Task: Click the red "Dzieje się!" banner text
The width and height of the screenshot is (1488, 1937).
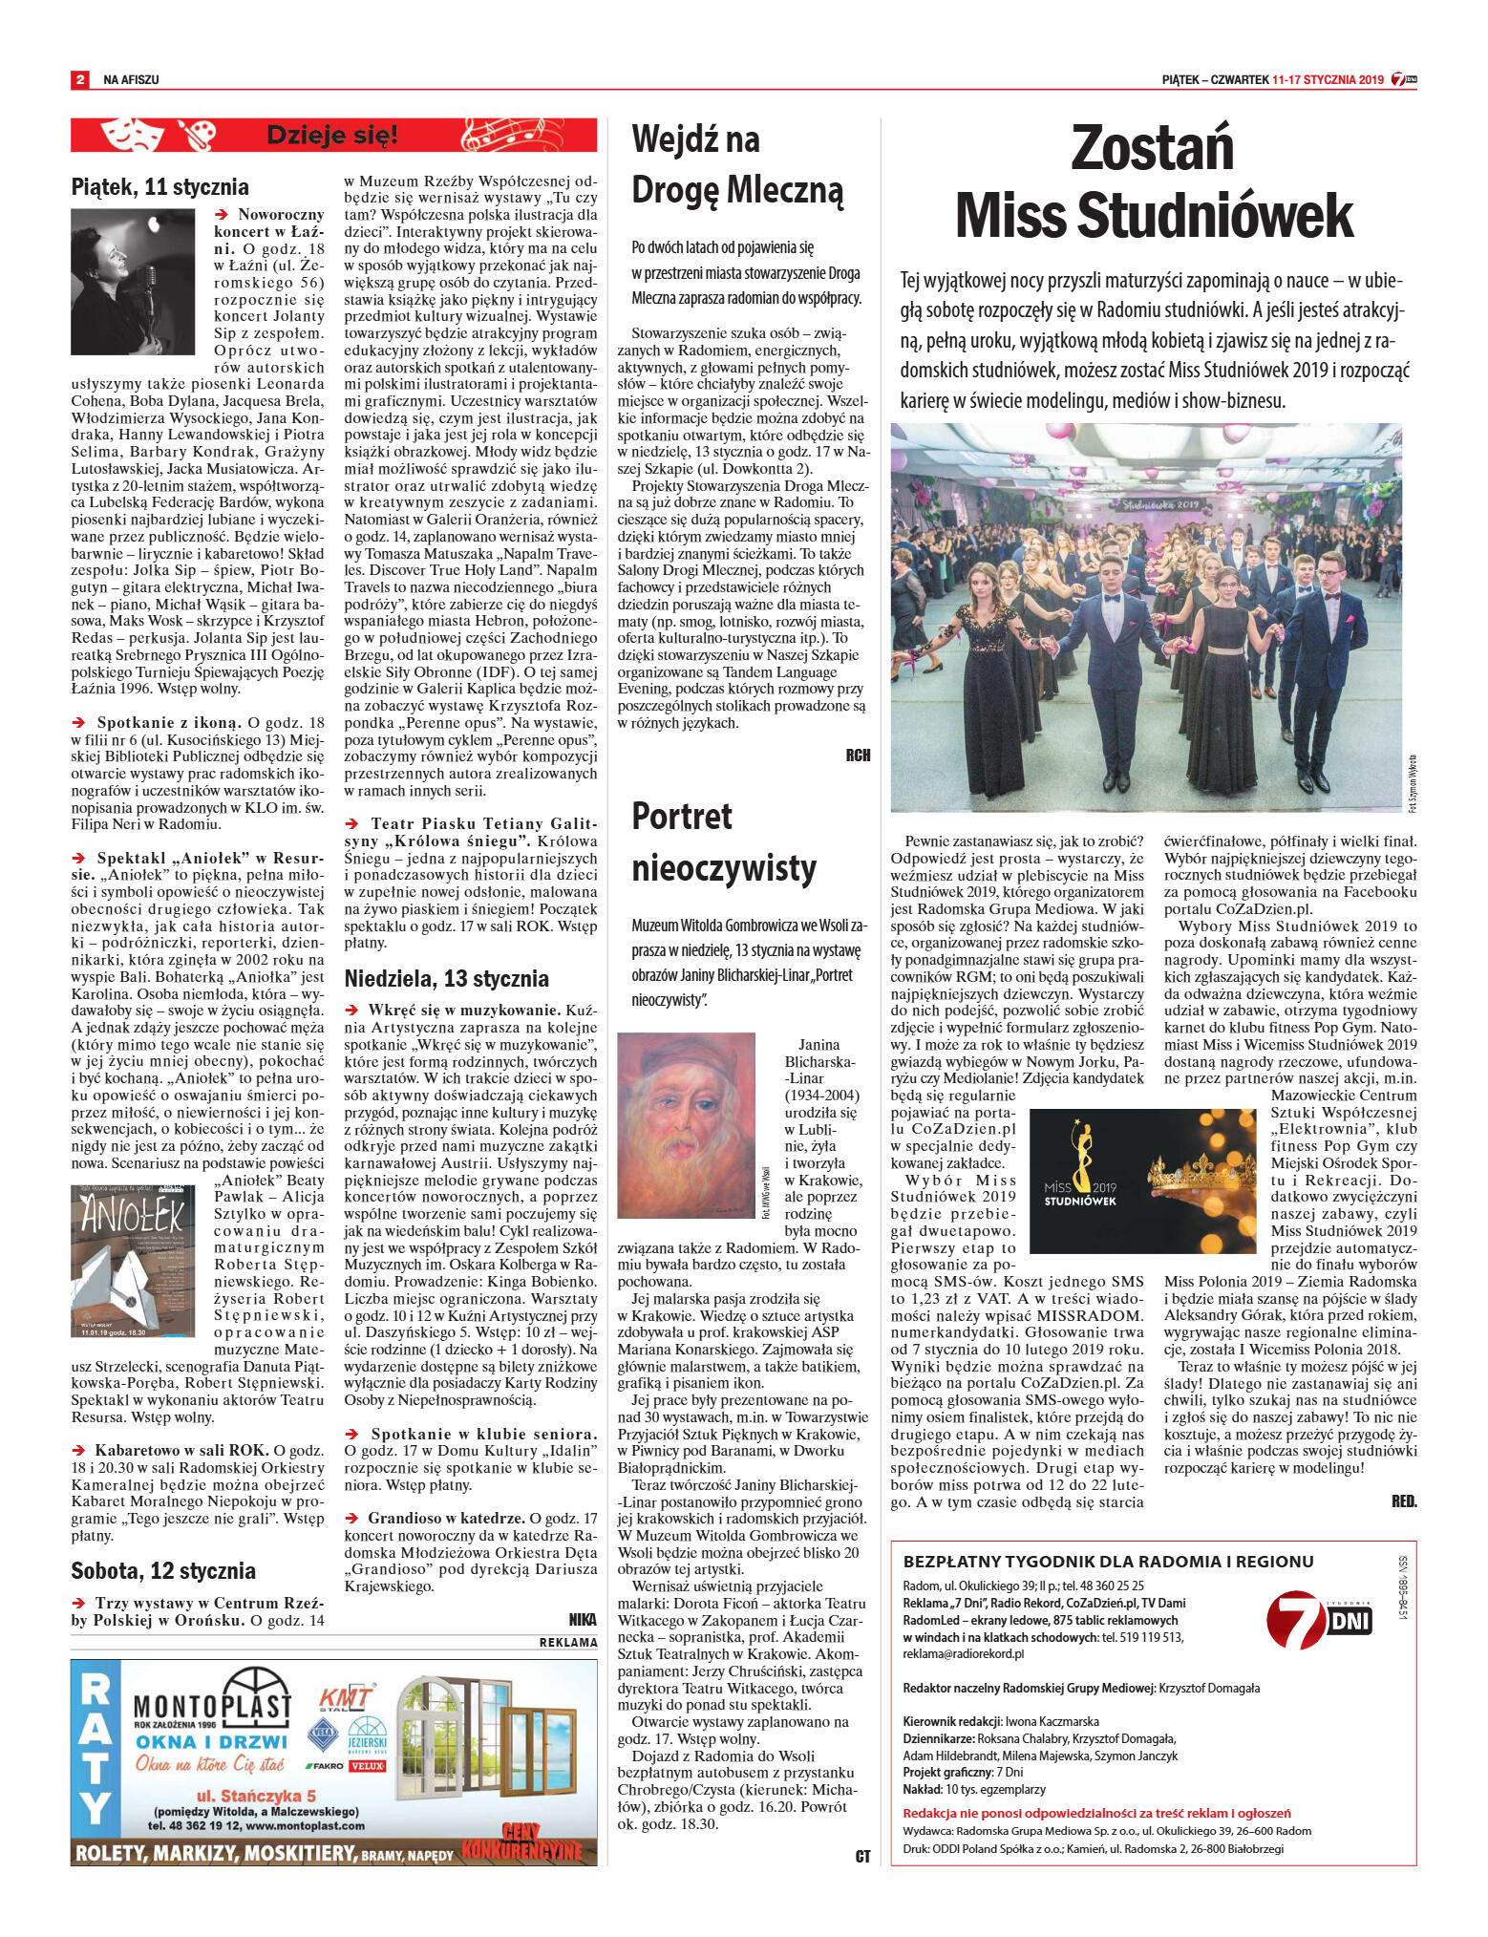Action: pyautogui.click(x=332, y=135)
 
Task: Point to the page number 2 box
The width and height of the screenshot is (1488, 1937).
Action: pyautogui.click(x=80, y=80)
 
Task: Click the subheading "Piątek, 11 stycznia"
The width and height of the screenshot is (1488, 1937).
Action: pyautogui.click(x=159, y=187)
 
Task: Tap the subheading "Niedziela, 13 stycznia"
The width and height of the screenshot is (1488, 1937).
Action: pyautogui.click(x=446, y=978)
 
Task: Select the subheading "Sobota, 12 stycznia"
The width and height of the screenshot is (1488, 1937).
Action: pyautogui.click(x=163, y=1571)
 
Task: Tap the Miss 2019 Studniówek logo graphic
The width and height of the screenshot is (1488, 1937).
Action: pyautogui.click(x=1142, y=1181)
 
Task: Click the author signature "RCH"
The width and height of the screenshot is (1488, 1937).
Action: pyautogui.click(x=858, y=756)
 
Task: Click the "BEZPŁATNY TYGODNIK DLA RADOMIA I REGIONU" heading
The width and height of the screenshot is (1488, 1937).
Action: pyautogui.click(x=1108, y=1562)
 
